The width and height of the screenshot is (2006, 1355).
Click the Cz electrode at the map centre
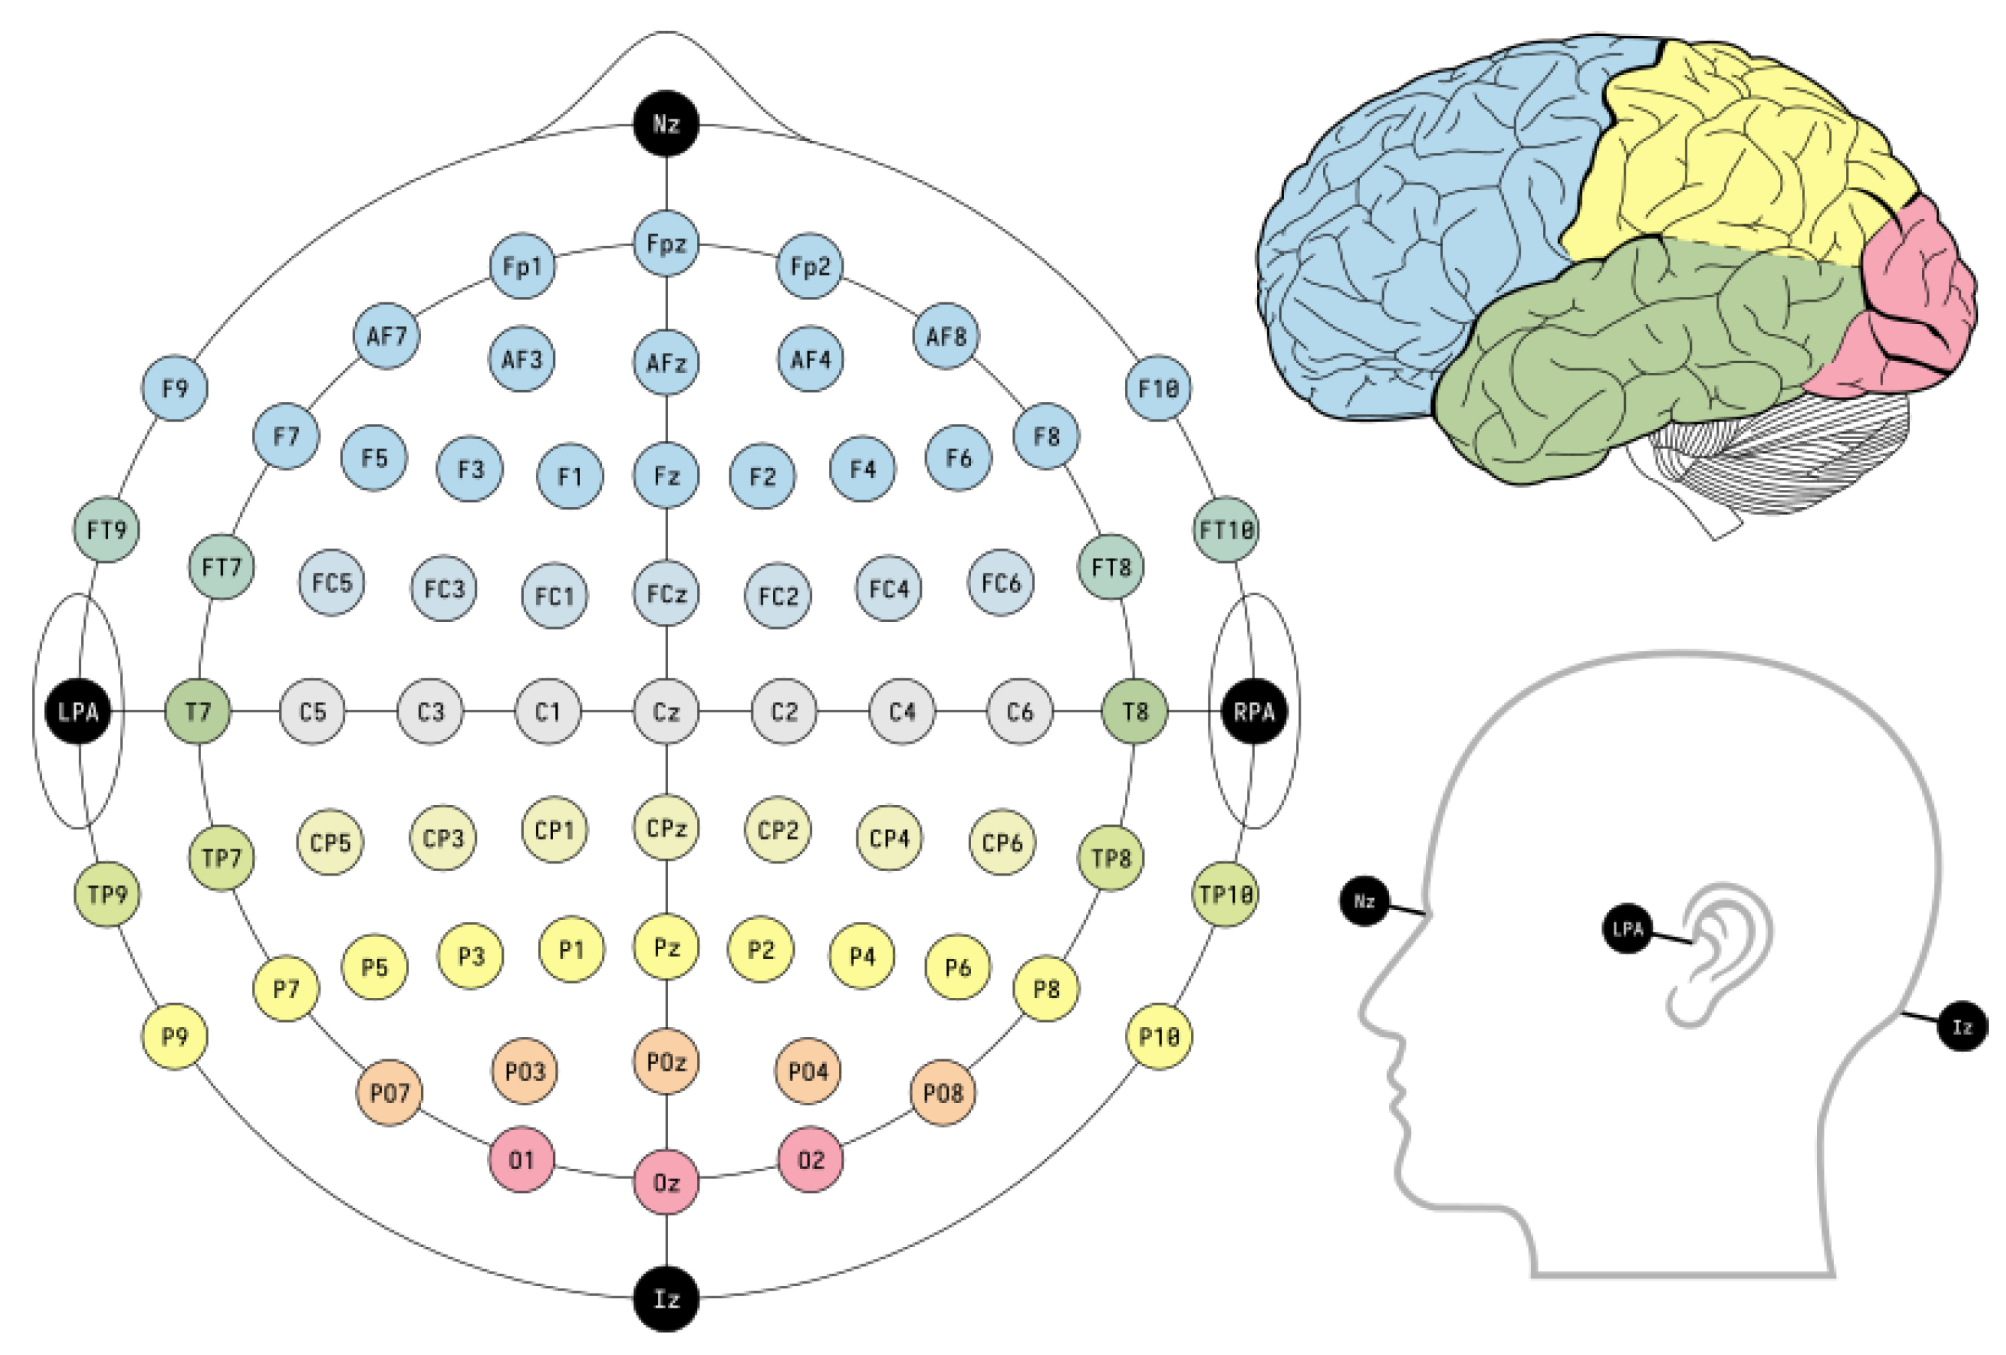pos(666,711)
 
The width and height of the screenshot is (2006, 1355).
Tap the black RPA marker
pos(1253,711)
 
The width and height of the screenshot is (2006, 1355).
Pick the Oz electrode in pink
pos(666,1182)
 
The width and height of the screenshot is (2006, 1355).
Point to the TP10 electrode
pos(1225,894)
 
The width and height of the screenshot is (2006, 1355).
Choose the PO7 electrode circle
pos(389,1092)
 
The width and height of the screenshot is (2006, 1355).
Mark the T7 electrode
pos(197,711)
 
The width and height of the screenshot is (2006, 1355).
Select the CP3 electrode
pos(443,837)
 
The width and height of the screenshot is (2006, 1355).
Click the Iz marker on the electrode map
pos(666,1298)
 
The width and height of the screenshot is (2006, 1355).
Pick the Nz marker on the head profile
pos(1364,901)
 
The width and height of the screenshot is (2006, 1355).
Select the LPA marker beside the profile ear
pos(1627,928)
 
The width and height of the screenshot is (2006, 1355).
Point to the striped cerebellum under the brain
pos(1770,458)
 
